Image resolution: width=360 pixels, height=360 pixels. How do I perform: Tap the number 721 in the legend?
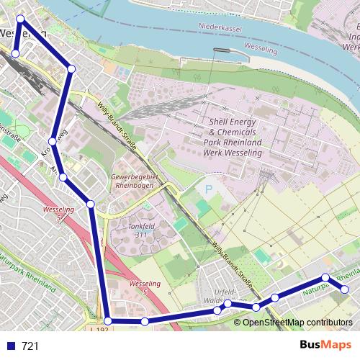[x=30, y=346]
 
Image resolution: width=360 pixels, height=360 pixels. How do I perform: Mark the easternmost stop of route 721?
[x=344, y=289]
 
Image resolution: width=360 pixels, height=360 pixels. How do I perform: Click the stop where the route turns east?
[x=107, y=320]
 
